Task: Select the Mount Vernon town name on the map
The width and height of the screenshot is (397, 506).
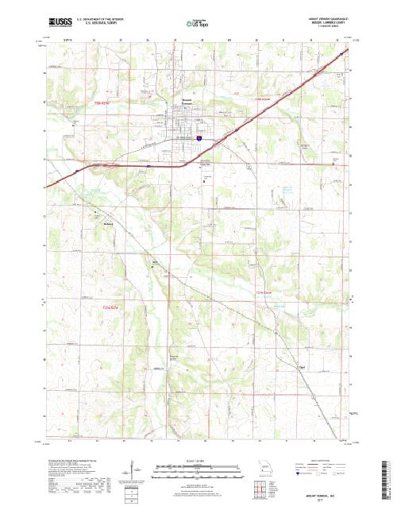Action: click(x=182, y=100)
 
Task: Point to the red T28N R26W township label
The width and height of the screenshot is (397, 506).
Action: click(x=263, y=99)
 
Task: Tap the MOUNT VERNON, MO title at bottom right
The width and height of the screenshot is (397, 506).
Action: click(x=332, y=495)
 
